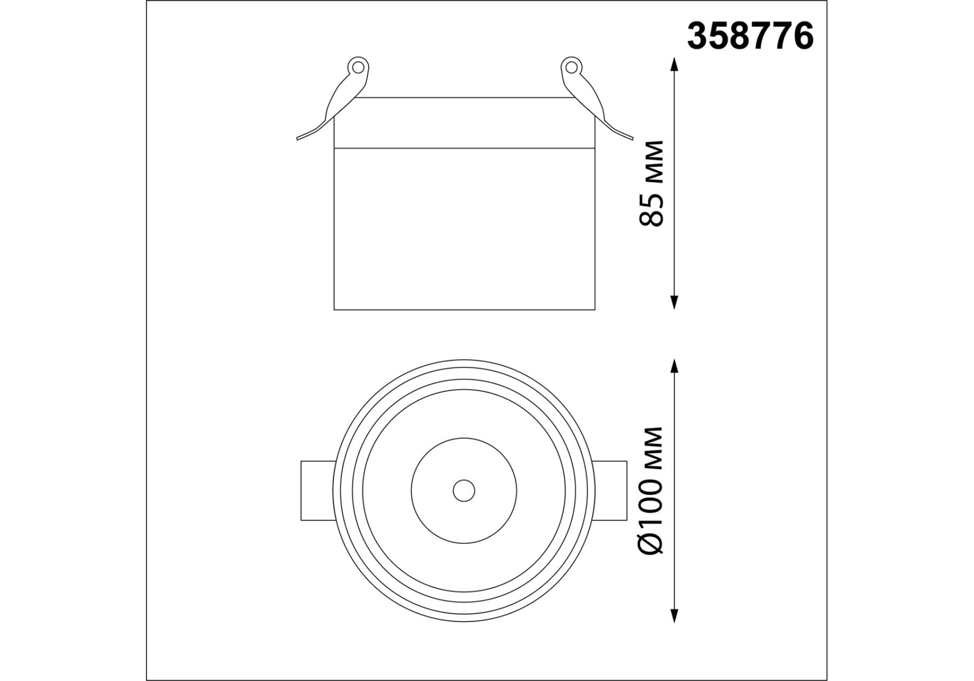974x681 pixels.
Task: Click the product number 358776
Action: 750,37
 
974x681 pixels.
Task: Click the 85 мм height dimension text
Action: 652,184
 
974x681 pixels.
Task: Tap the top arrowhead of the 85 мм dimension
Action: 674,64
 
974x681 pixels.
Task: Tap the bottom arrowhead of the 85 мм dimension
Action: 674,302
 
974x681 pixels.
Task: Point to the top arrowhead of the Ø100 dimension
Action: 674,367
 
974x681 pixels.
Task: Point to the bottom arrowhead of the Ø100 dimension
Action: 674,615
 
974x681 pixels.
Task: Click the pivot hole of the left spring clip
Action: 358,67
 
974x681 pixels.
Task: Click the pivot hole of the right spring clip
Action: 571,67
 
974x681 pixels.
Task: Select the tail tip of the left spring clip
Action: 298,138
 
